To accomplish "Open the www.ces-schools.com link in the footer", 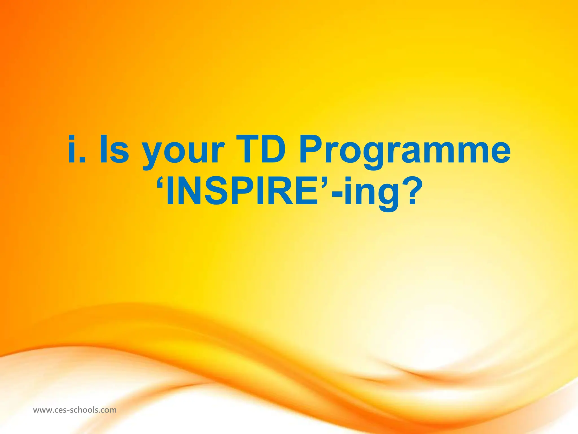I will click(x=75, y=410).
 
